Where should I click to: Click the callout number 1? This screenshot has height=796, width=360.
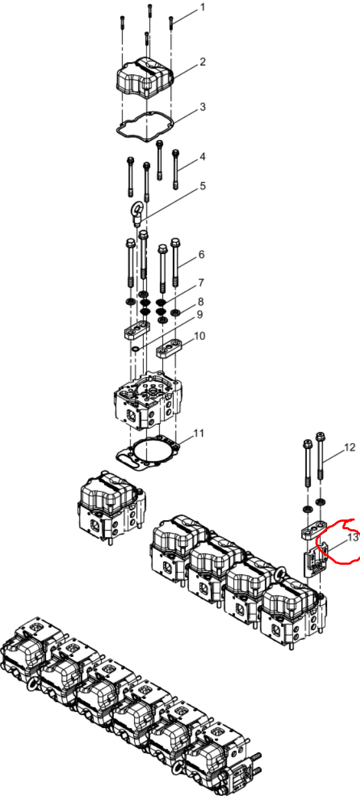point(203,7)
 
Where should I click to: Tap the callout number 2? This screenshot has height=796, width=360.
point(203,62)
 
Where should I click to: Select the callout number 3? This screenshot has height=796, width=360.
point(203,107)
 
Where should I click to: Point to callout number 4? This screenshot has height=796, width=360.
point(203,156)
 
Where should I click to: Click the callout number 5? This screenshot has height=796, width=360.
point(203,185)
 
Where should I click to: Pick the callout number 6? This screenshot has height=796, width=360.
point(201,255)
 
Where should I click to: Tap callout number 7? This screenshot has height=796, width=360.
point(201,282)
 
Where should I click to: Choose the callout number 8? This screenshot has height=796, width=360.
point(201,301)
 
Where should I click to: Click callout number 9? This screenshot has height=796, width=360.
point(199,315)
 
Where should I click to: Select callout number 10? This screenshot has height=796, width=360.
point(199,335)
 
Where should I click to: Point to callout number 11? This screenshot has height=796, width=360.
point(199,433)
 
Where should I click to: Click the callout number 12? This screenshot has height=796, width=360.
point(350,448)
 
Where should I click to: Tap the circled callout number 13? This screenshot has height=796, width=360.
point(353,537)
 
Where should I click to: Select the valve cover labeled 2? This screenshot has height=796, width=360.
point(144,78)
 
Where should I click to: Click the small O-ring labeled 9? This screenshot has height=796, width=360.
point(135,350)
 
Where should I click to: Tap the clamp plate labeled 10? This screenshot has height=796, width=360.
point(169,348)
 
